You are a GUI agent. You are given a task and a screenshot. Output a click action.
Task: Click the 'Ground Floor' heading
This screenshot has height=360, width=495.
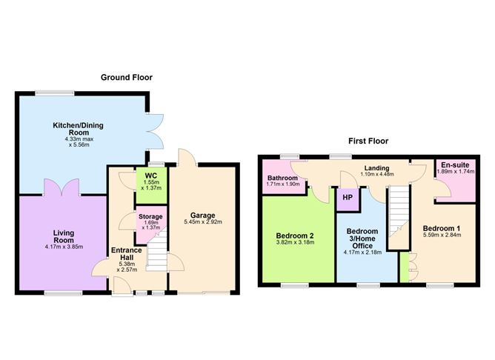pos(127,77)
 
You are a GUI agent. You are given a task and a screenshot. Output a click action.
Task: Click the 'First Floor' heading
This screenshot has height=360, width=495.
pos(368,141)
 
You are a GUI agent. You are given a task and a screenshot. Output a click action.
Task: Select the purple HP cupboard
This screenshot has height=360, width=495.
pos(347,199)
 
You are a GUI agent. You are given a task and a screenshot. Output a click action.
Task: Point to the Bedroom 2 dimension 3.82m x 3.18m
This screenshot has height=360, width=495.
pos(295,242)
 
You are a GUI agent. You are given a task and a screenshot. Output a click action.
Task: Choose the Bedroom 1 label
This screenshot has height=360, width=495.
pos(441,228)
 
